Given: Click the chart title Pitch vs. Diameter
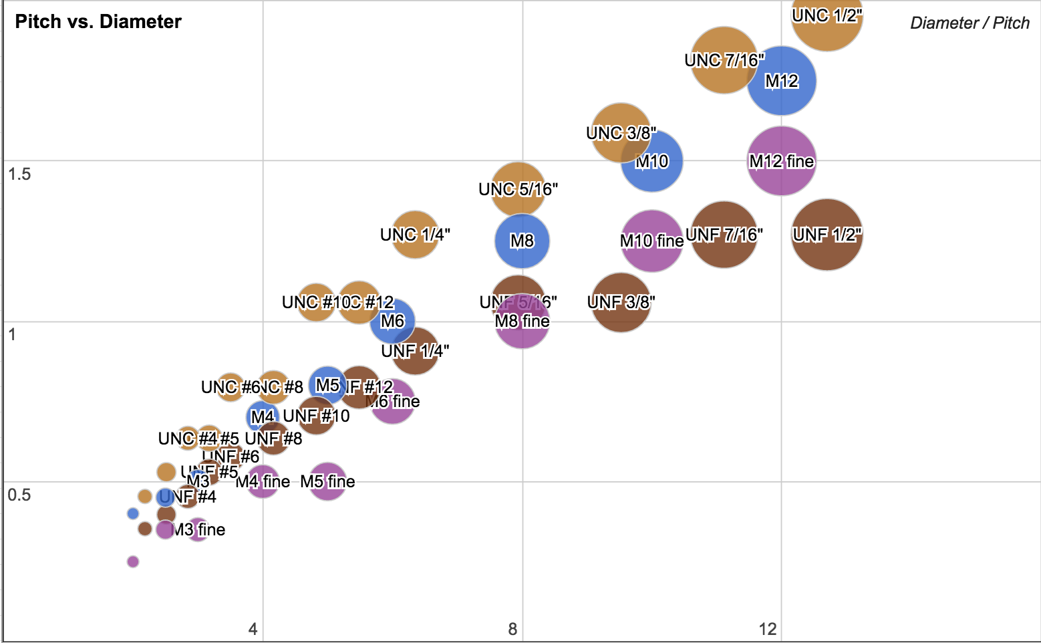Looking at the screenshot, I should (x=98, y=21).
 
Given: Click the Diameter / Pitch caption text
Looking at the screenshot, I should (x=970, y=23).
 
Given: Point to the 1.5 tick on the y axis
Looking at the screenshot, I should (x=19, y=174).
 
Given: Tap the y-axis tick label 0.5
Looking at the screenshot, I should (x=19, y=495).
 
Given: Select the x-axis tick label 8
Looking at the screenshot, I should (x=512, y=628).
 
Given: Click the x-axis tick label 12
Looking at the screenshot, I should (x=768, y=628).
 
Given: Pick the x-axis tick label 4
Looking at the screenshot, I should (x=253, y=628).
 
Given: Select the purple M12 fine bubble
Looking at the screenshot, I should (x=781, y=161).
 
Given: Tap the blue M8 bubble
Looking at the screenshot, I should (x=522, y=241).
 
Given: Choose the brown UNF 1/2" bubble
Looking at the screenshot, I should (x=827, y=235).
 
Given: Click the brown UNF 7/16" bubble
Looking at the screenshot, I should (x=724, y=235).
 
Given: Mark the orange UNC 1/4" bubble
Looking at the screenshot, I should (x=415, y=235).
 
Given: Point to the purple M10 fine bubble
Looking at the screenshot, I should (x=651, y=241).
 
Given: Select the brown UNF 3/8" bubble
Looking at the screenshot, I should (x=621, y=302).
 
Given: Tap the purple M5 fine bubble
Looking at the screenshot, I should (x=327, y=481).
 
